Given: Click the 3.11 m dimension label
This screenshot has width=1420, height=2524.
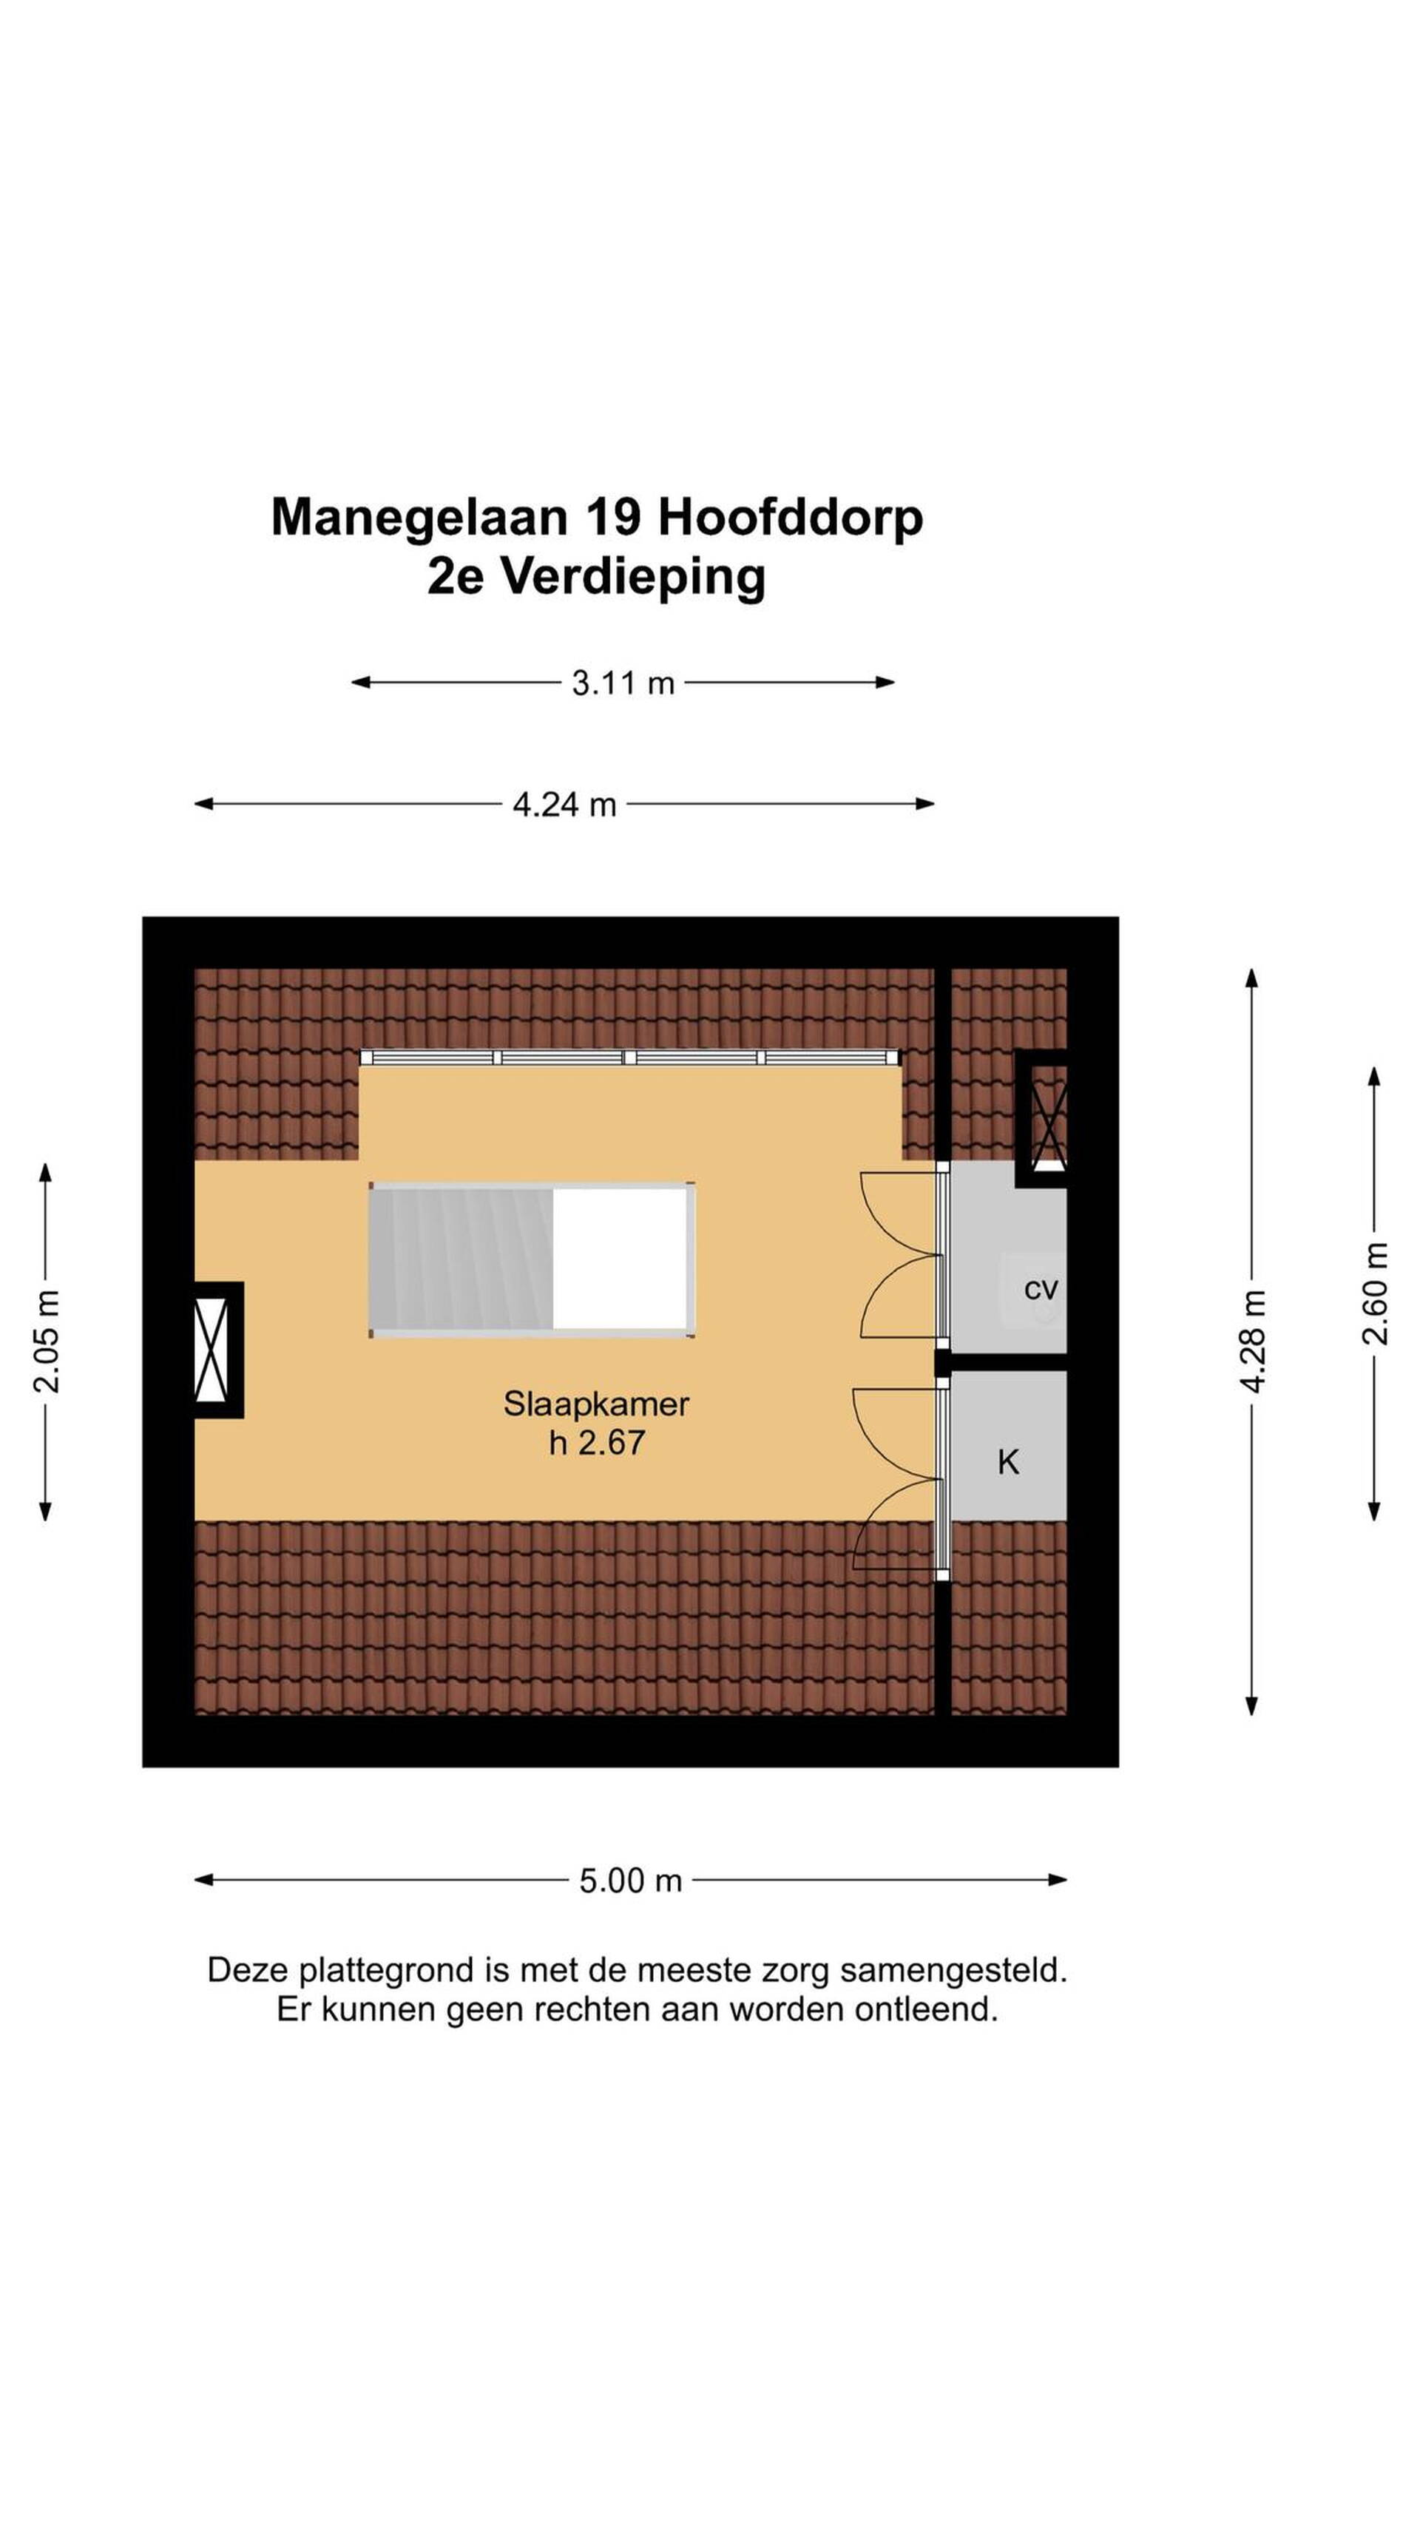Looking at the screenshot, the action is [x=623, y=683].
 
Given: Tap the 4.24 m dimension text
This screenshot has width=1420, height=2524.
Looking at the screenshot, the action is [x=564, y=805].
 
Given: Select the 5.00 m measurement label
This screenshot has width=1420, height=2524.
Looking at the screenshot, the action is [x=630, y=1881].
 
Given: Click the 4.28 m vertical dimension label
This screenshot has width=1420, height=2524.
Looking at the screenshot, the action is [x=1252, y=1340].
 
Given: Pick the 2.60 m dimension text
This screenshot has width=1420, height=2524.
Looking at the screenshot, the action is [x=1375, y=1293].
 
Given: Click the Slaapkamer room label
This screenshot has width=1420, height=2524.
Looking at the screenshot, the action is [x=596, y=1404].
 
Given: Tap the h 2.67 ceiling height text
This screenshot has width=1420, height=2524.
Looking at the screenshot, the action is [x=596, y=1444].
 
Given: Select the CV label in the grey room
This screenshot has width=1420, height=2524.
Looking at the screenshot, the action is [x=1041, y=1290].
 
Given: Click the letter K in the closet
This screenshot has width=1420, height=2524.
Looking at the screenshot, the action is [x=1007, y=1463].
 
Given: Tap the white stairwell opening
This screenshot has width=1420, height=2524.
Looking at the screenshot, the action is [x=623, y=1259].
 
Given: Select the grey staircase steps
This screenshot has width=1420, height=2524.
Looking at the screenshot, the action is [x=461, y=1259].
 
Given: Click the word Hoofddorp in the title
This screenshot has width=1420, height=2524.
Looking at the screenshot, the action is [x=790, y=519].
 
